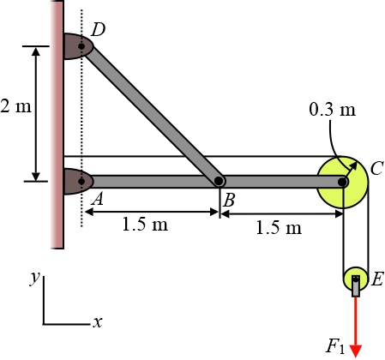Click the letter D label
click(98, 29)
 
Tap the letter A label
click(98, 199)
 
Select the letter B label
click(229, 200)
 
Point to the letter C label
click(376, 168)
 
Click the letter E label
click(377, 279)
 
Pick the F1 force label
click(335, 346)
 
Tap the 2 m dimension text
click(15, 106)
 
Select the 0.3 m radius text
click(333, 109)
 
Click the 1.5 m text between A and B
click(145, 224)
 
